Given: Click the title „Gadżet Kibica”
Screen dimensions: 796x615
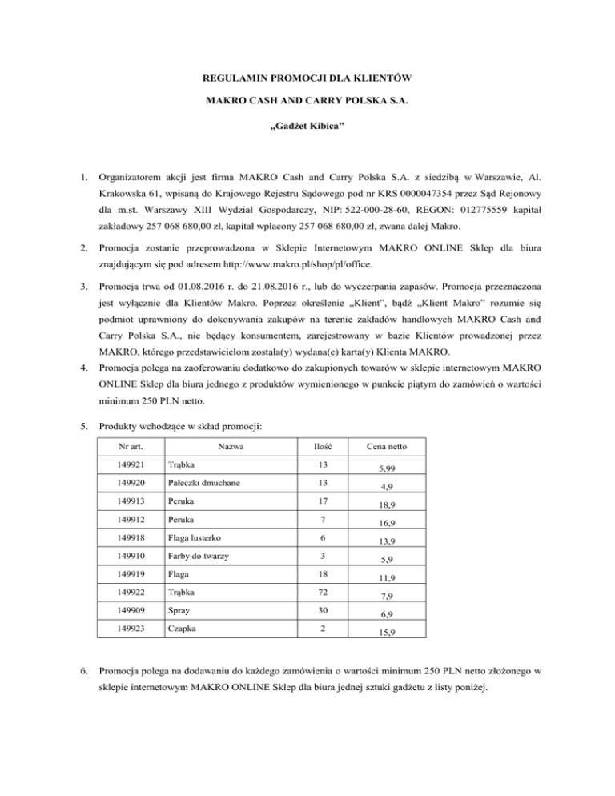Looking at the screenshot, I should point(307,148).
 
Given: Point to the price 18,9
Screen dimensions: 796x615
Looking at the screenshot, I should point(387,524).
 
